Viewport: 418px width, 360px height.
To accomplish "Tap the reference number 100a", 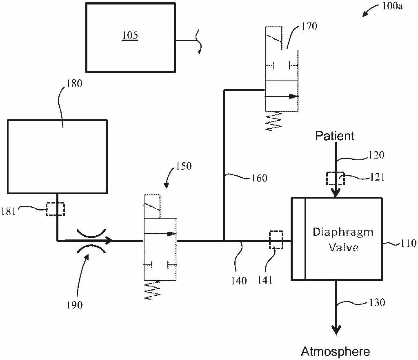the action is point(392,6).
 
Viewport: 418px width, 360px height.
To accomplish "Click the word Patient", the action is point(335,136).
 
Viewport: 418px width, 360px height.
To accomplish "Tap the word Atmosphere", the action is point(336,351).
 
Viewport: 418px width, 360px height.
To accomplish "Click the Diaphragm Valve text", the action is point(343,239).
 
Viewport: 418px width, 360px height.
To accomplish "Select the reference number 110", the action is point(408,243).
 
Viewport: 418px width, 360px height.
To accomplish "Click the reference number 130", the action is point(377,302).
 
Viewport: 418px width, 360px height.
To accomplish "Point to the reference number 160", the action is point(259,178).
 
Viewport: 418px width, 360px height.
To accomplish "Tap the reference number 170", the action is point(309,26).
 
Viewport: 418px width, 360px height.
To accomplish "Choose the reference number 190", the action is point(75,305).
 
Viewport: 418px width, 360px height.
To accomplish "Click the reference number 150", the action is point(183,166).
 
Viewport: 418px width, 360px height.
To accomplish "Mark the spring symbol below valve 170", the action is point(273,121).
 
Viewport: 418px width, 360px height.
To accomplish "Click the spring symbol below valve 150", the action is point(152,290).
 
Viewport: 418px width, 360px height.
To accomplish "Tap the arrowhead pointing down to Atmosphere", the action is point(336,330).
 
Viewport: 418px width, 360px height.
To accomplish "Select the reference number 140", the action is point(239,280).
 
